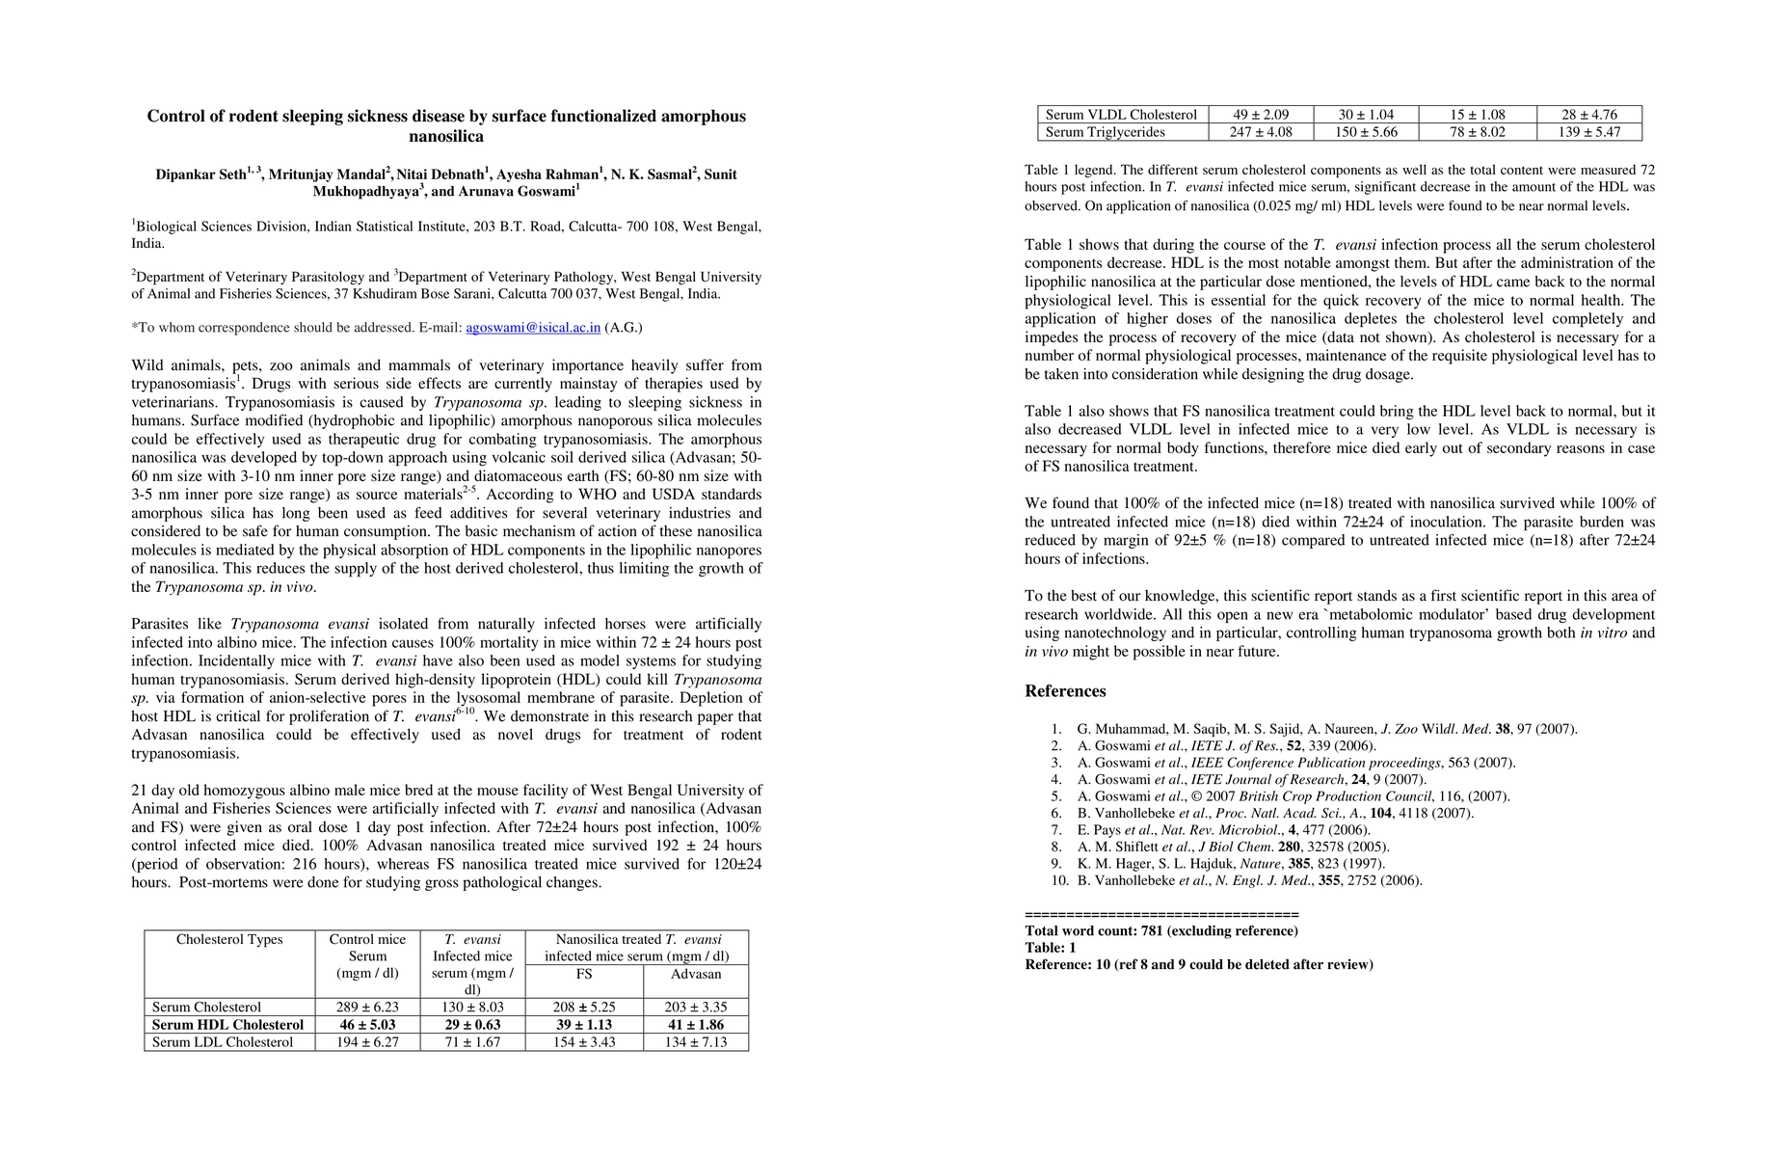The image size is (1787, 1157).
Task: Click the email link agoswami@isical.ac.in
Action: pyautogui.click(x=533, y=328)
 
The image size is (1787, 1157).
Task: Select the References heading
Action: pyautogui.click(x=1065, y=691)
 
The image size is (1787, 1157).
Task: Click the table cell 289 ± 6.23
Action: pyautogui.click(x=367, y=1008)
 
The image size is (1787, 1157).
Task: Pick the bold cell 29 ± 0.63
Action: pyautogui.click(x=472, y=1025)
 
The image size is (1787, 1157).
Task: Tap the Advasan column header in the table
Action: pyautogui.click(x=695, y=974)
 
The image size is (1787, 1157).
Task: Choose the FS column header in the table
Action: pyautogui.click(x=584, y=974)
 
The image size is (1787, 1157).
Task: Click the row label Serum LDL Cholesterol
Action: pyautogui.click(x=223, y=1042)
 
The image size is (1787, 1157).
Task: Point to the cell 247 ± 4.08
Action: pyautogui.click(x=1261, y=132)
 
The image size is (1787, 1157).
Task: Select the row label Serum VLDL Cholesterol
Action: pyautogui.click(x=1121, y=115)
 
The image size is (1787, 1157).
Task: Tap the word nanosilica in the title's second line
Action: pyautogui.click(x=446, y=137)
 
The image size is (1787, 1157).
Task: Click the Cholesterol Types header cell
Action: pyautogui.click(x=229, y=940)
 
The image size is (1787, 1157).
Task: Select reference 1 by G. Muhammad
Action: pyautogui.click(x=1326, y=730)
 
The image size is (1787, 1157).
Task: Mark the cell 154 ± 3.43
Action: pyautogui.click(x=584, y=1042)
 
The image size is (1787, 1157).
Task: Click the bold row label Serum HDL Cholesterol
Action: pyautogui.click(x=227, y=1025)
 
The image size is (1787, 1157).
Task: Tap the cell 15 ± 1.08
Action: pyautogui.click(x=1478, y=115)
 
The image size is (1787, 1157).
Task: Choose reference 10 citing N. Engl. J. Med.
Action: pyautogui.click(x=1249, y=880)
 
